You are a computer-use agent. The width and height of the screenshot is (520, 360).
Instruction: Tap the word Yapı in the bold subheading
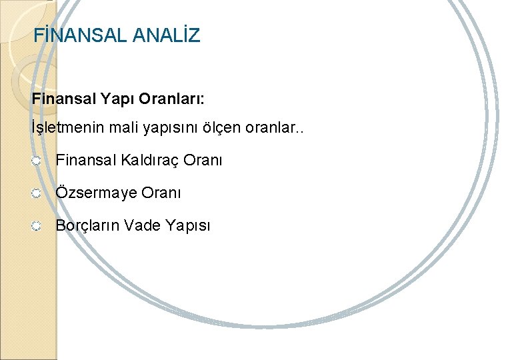pyautogui.click(x=117, y=99)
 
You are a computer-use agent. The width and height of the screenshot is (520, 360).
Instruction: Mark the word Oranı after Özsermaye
pyautogui.click(x=162, y=193)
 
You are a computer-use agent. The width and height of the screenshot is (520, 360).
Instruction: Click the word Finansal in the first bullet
pyautogui.click(x=85, y=161)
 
